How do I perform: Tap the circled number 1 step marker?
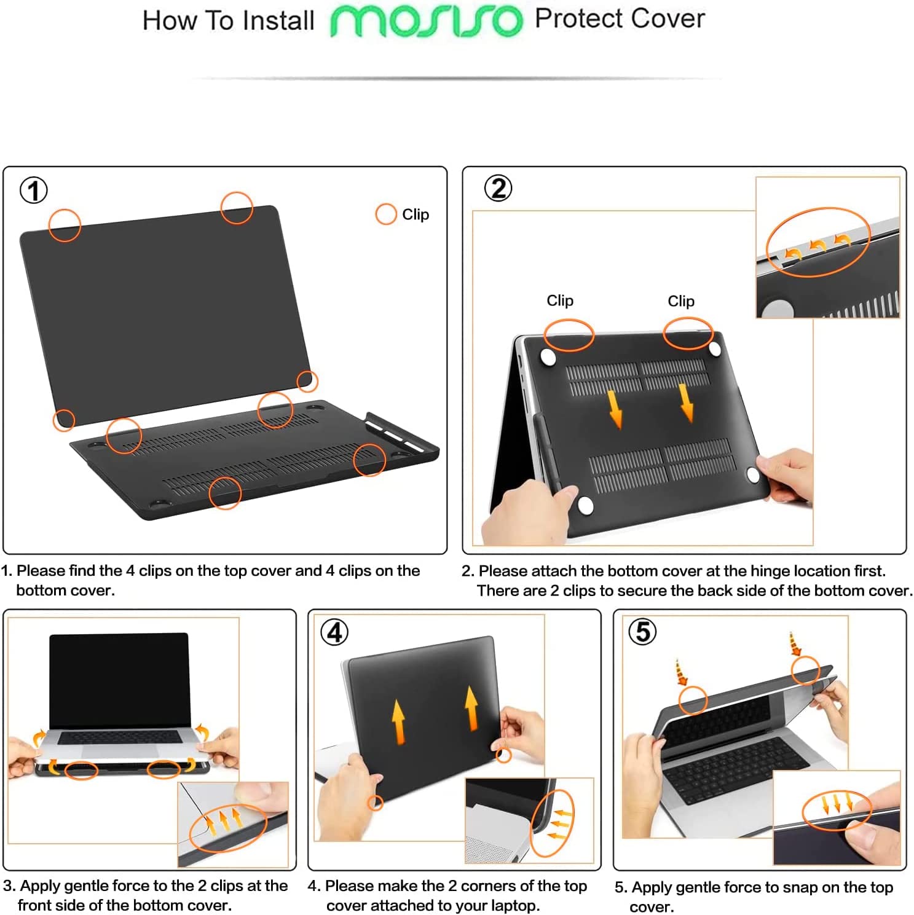coord(34,190)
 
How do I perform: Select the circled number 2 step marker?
coord(498,188)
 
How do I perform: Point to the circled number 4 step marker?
coord(334,632)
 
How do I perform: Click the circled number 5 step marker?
coord(642,631)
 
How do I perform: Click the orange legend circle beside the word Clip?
coord(385,214)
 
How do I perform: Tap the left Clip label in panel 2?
coord(560,300)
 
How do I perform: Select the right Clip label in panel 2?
coord(681,301)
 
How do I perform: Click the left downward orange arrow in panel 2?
coord(615,409)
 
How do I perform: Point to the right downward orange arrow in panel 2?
coord(687,403)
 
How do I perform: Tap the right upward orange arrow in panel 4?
coord(471,708)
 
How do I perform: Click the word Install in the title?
coord(278,21)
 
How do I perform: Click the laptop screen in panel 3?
coord(120,679)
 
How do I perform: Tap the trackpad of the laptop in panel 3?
coord(119,750)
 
